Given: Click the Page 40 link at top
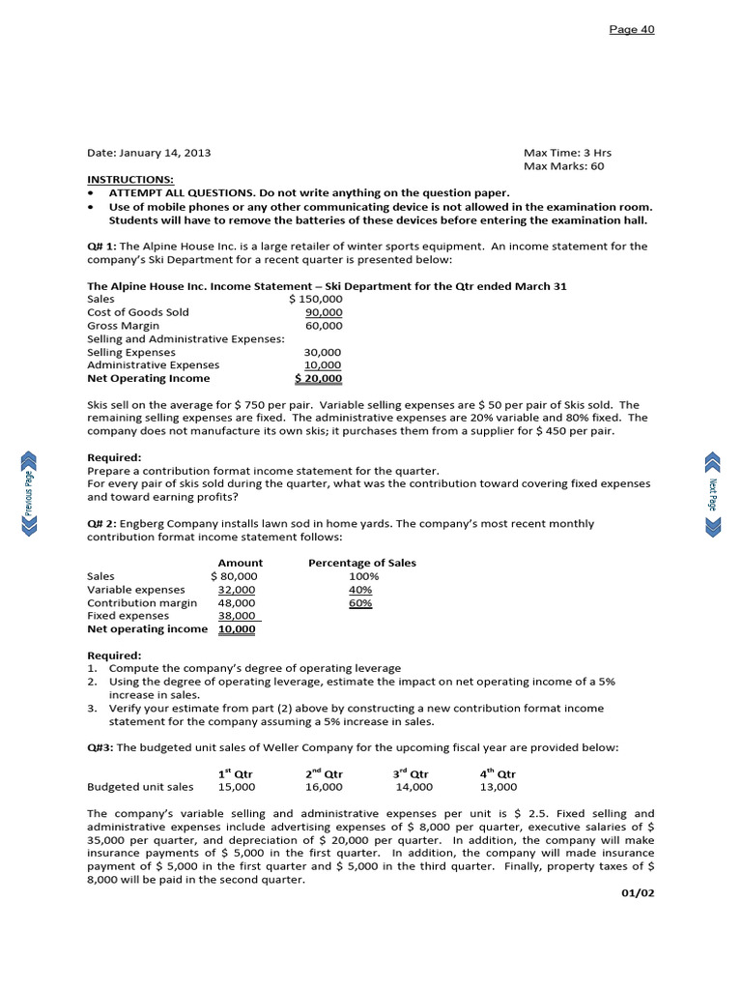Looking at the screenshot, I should [x=631, y=29].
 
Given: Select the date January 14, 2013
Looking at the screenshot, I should [x=149, y=153].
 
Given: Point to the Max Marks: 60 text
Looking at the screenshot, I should [x=567, y=166].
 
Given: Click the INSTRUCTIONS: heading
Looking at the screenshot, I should [x=130, y=180].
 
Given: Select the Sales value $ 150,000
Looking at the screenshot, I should [x=315, y=300].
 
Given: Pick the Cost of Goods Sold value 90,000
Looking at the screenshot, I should [x=323, y=312].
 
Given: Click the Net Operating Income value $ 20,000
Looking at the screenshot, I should [x=318, y=378].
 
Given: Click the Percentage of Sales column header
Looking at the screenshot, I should [x=362, y=563].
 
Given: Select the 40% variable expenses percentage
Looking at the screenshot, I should [x=360, y=590].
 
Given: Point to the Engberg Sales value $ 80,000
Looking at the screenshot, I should [x=234, y=576].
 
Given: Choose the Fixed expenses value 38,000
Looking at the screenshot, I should [x=237, y=616].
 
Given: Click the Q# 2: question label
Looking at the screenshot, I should [x=101, y=523].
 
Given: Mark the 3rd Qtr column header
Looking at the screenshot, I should [x=411, y=773].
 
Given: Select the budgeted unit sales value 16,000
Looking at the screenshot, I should [x=323, y=787].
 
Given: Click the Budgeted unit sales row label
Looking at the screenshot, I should [x=140, y=787].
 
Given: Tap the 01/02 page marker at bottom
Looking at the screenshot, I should [x=638, y=892].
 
